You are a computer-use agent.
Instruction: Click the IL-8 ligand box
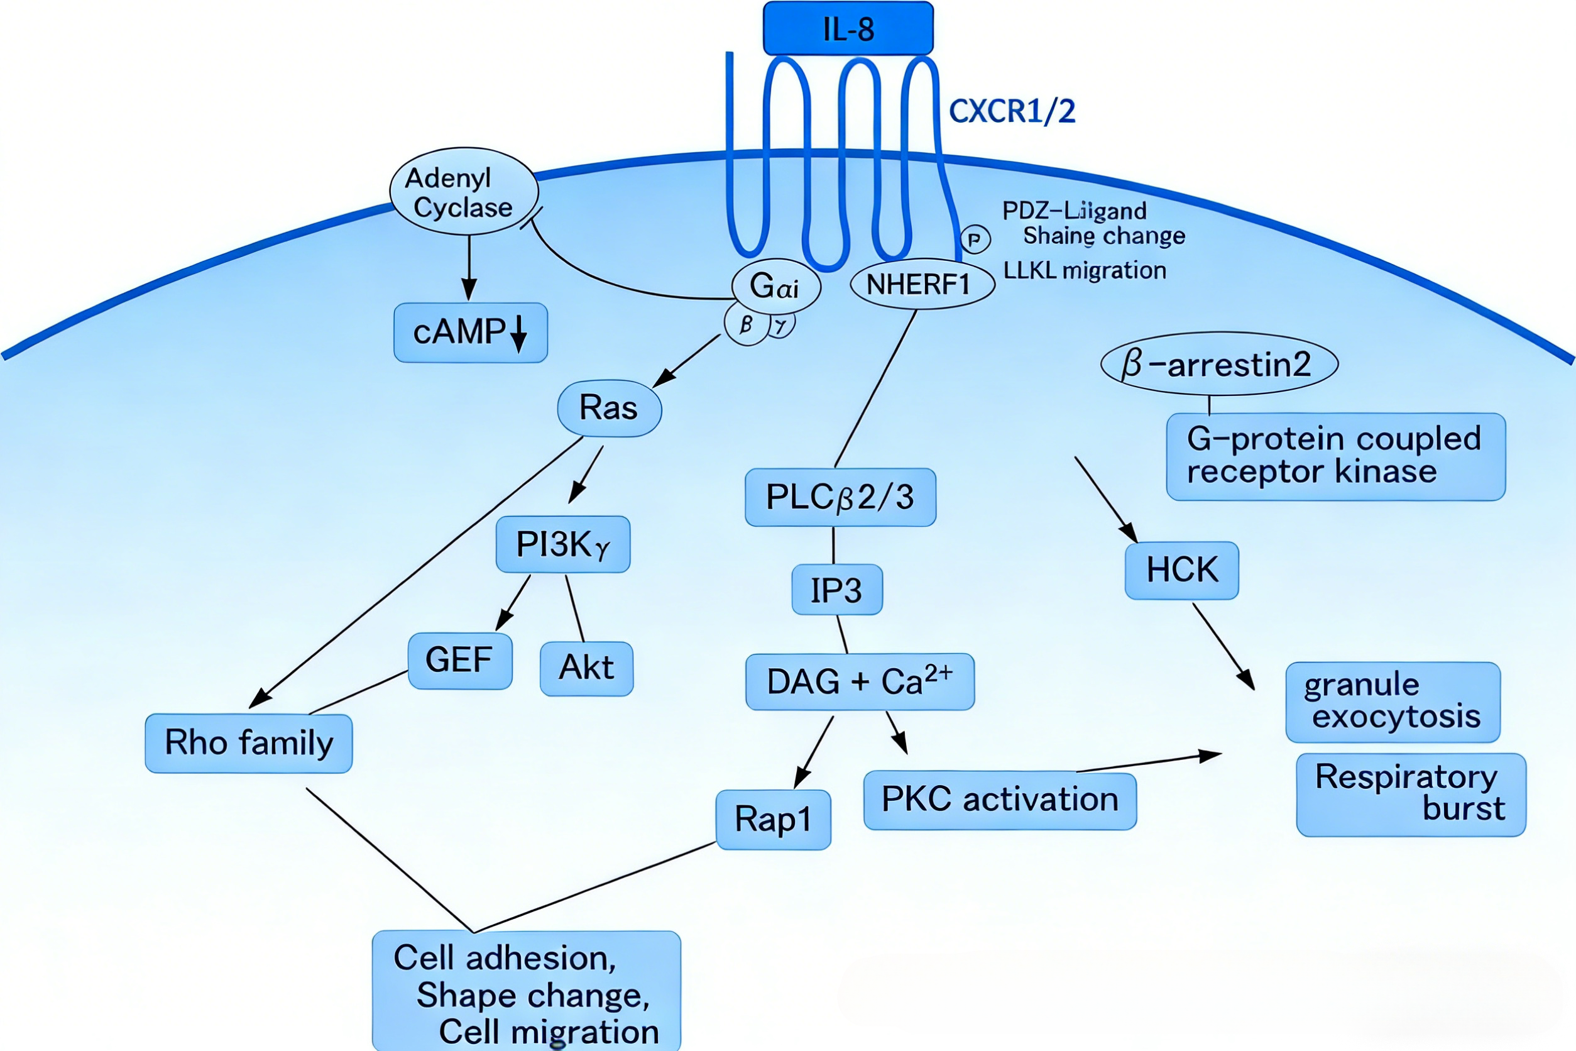pos(848,29)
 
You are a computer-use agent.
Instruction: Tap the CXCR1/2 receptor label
pos(1012,111)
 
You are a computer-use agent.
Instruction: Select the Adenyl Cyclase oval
pos(464,192)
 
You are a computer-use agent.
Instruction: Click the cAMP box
pos(471,333)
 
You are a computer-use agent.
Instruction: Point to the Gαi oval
pos(775,286)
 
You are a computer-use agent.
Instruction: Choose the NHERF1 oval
pos(921,284)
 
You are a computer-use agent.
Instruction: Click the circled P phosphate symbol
pos(975,239)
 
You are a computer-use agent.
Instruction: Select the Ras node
pos(609,408)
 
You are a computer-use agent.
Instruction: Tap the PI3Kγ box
pos(563,544)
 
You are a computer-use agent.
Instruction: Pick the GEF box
pos(460,660)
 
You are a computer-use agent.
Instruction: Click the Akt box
pos(586,668)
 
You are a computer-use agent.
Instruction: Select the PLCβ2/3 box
pos(840,497)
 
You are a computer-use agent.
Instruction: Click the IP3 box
pos(837,590)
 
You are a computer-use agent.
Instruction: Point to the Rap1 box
pos(774,820)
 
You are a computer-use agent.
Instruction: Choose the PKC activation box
pos(1000,800)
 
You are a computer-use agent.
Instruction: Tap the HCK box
pos(1182,570)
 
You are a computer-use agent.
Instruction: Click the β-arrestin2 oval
pos(1219,364)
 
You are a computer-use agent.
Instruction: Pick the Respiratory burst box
pos(1411,795)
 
